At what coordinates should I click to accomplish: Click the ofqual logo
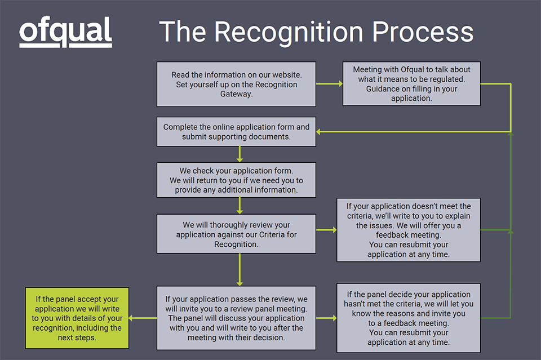pos(65,32)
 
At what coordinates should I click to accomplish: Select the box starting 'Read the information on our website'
pos(236,85)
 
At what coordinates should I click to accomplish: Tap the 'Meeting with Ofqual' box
pos(411,84)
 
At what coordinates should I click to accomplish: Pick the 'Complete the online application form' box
pos(236,132)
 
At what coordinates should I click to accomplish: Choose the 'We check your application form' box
pos(236,180)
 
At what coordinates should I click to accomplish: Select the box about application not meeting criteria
pos(409,230)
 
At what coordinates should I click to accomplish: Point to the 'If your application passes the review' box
pos(236,318)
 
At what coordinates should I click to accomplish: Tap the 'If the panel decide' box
pos(409,318)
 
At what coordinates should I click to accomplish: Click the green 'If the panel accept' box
pos(77,318)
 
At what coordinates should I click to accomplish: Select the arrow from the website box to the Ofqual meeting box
pos(330,84)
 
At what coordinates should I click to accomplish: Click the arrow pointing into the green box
pos(143,318)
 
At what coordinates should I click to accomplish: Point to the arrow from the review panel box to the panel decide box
pos(326,318)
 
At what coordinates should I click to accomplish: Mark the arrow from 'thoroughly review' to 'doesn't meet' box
pos(326,230)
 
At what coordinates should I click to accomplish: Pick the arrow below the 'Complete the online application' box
pos(240,154)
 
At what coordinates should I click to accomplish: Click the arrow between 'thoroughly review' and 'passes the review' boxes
pos(240,269)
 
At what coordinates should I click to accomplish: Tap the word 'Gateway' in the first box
pos(236,94)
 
